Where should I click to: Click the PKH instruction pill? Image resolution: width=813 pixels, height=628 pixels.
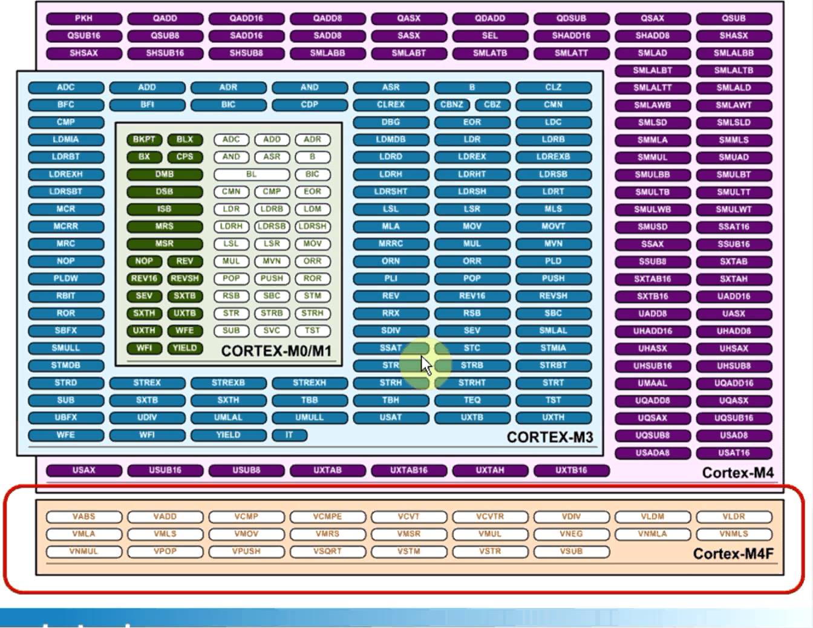83,19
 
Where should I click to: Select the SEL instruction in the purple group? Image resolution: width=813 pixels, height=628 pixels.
490,36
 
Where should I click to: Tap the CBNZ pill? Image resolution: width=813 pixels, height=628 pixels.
452,105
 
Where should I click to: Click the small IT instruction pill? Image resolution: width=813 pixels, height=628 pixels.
289,435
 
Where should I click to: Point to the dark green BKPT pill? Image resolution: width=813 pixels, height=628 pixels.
144,140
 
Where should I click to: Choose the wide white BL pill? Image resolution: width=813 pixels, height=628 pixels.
251,174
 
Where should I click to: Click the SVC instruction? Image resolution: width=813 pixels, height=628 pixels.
272,331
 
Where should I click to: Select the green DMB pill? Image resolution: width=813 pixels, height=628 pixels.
165,174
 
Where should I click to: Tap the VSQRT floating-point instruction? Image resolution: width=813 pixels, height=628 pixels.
327,552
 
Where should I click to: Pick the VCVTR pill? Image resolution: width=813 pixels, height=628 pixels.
490,517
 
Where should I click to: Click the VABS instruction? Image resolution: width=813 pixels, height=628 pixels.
83,517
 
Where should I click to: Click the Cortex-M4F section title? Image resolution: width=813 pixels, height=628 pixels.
733,554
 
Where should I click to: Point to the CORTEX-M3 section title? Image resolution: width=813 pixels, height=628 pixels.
549,437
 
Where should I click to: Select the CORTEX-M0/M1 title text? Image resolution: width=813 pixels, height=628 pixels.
276,352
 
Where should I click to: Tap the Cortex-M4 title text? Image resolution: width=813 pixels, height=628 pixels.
737,473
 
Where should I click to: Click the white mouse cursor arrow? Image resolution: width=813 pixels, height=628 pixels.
426,365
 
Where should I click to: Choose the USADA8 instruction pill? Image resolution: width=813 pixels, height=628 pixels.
652,453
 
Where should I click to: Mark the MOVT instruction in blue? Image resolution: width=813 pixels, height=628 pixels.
553,226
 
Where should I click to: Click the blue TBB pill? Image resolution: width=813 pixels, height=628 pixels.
309,401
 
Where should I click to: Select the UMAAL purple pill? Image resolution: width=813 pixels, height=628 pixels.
652,384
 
